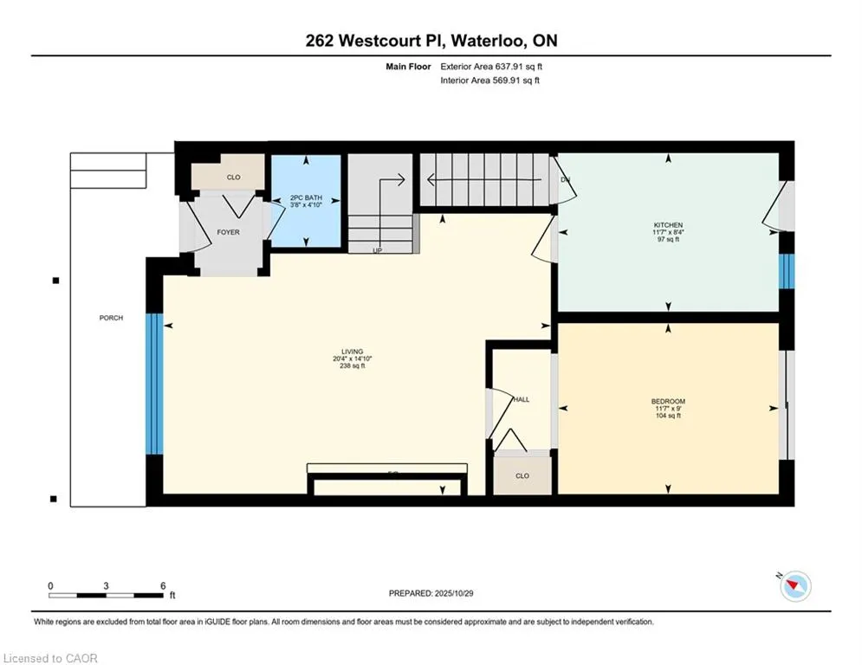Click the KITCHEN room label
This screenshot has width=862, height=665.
tap(668, 224)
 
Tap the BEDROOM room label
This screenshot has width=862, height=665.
tap(668, 401)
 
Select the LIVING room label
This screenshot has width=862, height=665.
tap(353, 352)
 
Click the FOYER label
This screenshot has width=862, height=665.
tap(228, 232)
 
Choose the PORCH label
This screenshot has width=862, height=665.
tap(111, 318)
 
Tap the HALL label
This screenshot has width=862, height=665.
tap(522, 399)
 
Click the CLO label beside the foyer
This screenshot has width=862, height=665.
tap(233, 178)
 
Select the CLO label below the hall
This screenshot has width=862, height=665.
tap(522, 475)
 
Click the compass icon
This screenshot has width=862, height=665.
tap(794, 586)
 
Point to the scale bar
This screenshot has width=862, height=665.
tap(106, 595)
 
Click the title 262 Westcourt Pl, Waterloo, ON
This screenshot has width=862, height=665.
tap(431, 41)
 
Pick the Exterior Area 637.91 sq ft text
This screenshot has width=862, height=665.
tap(491, 66)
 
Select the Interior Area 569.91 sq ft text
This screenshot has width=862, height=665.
tap(489, 81)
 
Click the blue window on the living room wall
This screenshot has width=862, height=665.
tap(153, 383)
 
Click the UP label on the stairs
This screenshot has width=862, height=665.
tap(377, 250)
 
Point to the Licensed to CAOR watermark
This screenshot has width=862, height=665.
tap(51, 658)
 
